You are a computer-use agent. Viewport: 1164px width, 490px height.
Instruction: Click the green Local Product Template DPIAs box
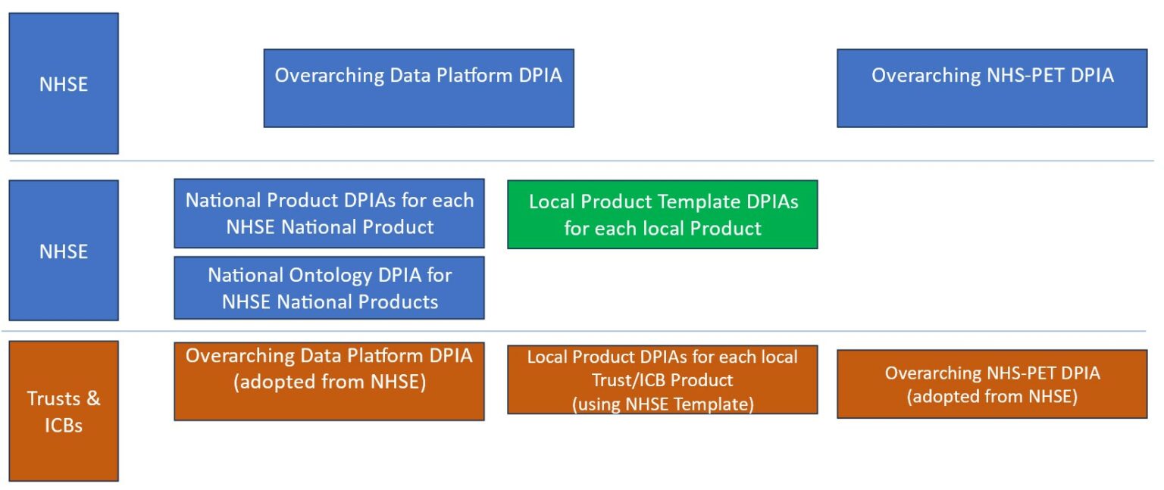[x=662, y=214]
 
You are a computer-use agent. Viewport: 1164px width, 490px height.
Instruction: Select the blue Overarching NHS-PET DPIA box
[x=991, y=88]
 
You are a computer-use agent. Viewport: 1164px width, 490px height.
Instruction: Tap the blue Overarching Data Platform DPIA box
[x=418, y=88]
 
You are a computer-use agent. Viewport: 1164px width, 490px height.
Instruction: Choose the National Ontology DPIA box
[x=329, y=288]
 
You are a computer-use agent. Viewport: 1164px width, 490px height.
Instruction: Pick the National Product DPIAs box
[x=329, y=214]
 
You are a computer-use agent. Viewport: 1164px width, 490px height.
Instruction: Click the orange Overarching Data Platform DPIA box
[x=329, y=381]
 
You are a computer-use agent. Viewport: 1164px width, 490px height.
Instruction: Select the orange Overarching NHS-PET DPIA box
[x=991, y=384]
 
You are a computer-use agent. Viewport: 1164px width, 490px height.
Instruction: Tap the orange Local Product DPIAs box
[x=662, y=380]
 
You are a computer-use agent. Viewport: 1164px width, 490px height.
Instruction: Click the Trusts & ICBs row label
[x=64, y=411]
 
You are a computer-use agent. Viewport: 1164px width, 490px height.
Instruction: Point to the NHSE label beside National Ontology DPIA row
[x=64, y=251]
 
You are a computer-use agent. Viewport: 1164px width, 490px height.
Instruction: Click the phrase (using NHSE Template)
[x=662, y=404]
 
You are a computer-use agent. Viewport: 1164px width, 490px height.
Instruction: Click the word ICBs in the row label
[x=64, y=425]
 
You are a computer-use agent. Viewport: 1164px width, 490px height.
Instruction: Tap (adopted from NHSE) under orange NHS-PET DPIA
[x=991, y=397]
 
